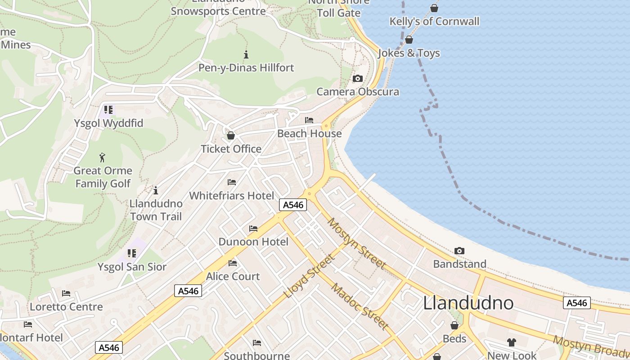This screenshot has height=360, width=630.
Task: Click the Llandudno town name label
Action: click(468, 303)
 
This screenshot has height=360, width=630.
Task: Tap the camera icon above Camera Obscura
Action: click(358, 79)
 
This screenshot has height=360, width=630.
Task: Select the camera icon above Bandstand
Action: click(459, 251)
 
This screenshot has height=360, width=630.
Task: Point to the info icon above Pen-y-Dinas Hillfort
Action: click(246, 55)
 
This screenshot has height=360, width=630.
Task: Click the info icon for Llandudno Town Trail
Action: click(156, 190)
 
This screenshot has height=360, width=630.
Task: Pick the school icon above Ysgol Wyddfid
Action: click(108, 109)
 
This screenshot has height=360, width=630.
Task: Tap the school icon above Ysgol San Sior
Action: click(132, 253)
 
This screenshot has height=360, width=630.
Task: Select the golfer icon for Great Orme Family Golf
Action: click(103, 157)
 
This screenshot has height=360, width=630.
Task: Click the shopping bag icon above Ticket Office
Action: click(231, 135)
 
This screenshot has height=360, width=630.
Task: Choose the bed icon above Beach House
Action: click(309, 120)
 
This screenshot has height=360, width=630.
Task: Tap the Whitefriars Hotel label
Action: click(231, 196)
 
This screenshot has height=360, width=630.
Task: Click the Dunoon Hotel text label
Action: click(253, 242)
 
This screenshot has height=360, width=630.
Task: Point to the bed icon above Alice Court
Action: click(233, 263)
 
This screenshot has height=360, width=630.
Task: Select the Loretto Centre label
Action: click(66, 307)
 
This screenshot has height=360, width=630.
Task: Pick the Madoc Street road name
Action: click(360, 306)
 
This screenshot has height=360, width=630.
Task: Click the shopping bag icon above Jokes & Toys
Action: click(409, 40)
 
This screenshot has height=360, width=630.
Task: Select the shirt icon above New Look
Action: click(512, 342)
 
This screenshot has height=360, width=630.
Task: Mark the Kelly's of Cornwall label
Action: click(434, 21)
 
